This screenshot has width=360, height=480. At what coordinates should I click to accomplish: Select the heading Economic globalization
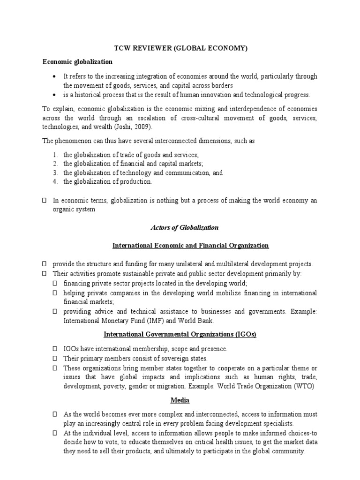point(77,61)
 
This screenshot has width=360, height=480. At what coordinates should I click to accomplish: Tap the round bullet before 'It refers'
point(55,76)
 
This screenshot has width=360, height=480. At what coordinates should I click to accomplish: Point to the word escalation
point(176,118)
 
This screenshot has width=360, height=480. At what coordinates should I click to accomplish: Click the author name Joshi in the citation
point(132,127)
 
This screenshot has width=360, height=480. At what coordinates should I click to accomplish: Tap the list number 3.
point(55,172)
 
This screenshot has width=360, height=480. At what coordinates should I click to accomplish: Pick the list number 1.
point(55,155)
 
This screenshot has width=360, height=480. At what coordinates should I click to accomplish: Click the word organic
point(64,210)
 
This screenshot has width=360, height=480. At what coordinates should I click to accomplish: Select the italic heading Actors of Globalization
point(184,227)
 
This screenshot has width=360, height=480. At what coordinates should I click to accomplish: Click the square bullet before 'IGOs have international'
point(55,349)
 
